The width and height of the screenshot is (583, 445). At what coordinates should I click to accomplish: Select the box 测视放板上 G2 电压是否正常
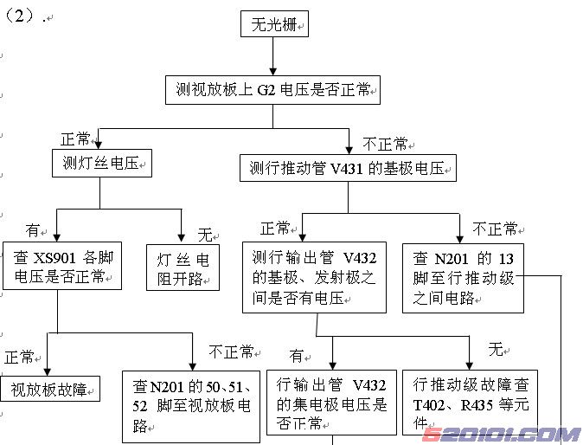click(272, 88)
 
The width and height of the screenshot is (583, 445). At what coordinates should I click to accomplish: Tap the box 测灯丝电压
click(102, 162)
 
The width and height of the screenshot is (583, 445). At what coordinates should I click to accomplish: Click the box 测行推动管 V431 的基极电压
click(348, 167)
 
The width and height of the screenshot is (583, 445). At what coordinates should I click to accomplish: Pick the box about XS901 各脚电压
click(60, 267)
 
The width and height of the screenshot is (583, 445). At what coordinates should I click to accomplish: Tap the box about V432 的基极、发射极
click(317, 278)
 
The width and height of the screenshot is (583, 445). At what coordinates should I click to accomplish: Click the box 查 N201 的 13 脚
click(464, 277)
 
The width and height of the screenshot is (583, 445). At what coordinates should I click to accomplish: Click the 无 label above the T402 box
click(496, 349)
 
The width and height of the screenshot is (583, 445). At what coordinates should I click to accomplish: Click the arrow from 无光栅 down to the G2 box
click(273, 56)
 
